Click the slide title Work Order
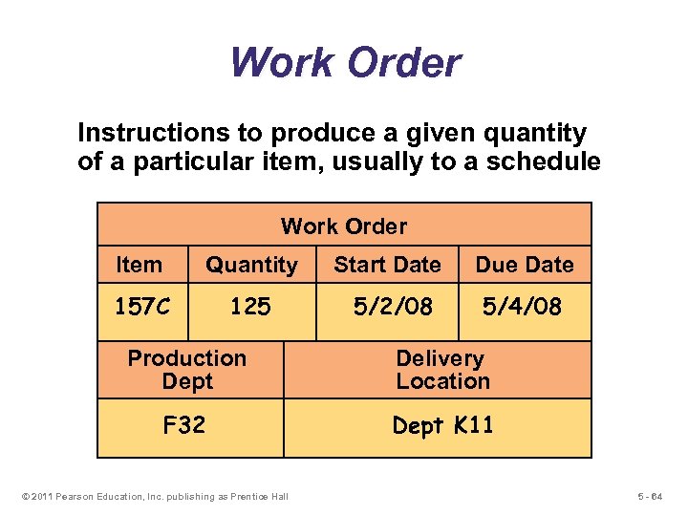[345, 63]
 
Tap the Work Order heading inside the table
[343, 226]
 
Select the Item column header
[139, 265]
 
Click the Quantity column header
[251, 265]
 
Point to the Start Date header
[387, 265]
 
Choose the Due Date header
[525, 265]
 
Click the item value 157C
[142, 307]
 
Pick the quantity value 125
[251, 307]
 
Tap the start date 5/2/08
[393, 307]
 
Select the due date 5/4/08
[522, 307]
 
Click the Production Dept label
[187, 370]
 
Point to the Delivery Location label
[441, 370]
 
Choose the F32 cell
[184, 425]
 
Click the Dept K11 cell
[442, 425]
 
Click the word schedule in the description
[546, 162]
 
